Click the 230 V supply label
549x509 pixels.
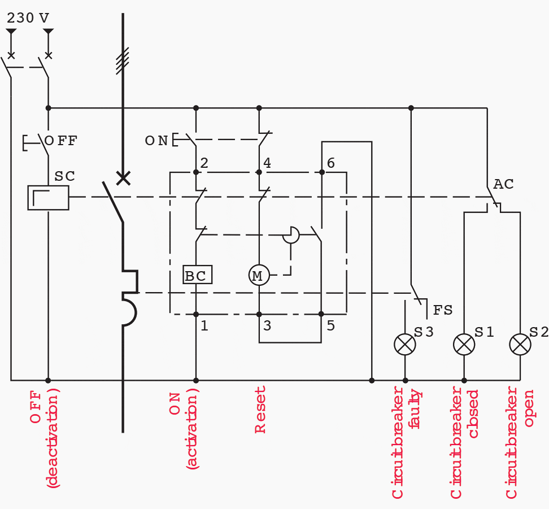tap(28, 18)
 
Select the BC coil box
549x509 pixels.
tap(197, 275)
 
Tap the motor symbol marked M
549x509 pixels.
tap(259, 276)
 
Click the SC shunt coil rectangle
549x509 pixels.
tap(48, 197)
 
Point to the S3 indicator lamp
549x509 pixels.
tap(404, 344)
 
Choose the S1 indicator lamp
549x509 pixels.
tap(464, 344)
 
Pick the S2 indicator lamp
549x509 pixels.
tap(520, 344)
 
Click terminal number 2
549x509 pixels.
tap(204, 163)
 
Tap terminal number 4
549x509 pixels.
tap(267, 163)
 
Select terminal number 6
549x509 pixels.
tap(330, 163)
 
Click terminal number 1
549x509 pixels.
tap(204, 326)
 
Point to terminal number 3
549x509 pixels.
tap(267, 326)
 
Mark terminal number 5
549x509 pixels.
tap(330, 326)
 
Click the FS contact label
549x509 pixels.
tap(443, 310)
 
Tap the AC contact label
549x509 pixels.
tap(503, 185)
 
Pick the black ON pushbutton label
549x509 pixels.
tap(156, 141)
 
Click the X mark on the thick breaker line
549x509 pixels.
tap(123, 179)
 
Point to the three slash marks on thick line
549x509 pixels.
tap(123, 61)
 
